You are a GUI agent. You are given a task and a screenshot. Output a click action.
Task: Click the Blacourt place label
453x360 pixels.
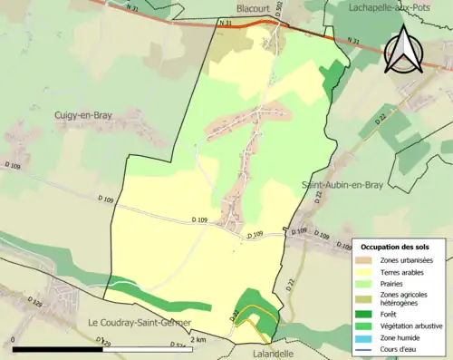pos(253,7)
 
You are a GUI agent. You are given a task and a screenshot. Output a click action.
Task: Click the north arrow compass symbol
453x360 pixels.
pos(405,50)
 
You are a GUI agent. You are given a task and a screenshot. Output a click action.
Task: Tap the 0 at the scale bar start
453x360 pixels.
pos(15,339)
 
